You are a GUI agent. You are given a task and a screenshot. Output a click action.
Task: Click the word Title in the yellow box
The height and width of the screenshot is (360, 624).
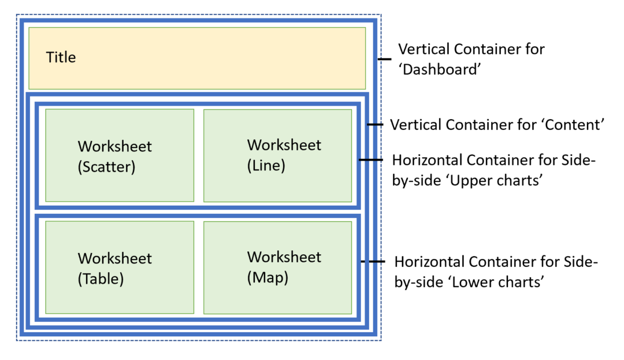pos(61,58)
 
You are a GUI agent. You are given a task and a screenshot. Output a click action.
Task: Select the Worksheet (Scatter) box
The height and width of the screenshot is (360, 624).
pos(120,155)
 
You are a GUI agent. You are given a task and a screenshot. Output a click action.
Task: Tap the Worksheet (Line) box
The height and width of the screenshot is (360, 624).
pos(277,154)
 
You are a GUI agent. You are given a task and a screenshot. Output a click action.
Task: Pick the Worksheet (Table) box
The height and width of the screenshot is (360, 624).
pos(120,268)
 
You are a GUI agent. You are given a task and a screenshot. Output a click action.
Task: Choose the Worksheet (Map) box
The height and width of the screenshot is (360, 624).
pos(277,267)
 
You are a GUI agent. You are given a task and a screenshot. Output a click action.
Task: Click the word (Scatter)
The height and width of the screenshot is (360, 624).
pos(106,168)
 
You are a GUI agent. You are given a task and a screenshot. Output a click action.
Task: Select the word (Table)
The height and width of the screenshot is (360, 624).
pos(101,279)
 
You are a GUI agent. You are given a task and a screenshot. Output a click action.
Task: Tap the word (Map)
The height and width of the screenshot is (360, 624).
pos(268,277)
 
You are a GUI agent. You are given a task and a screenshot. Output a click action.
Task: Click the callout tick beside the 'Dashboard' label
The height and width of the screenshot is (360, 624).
pos(385,59)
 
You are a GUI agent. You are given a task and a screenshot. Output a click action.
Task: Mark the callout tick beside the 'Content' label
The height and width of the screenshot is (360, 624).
pos(375,125)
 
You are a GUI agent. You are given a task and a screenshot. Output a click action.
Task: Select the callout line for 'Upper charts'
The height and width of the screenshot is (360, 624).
pos(371,159)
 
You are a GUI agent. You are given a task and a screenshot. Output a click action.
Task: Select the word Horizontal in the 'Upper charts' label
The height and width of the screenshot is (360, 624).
pos(429,159)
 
